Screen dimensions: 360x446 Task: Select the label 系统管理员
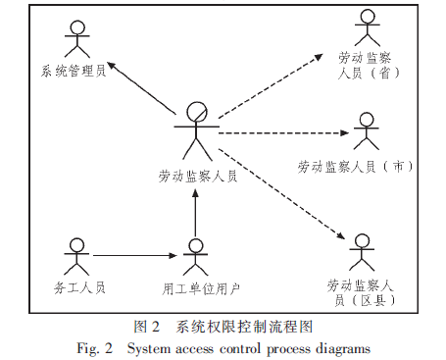point(74,71)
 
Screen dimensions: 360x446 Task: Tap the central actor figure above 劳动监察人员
point(197,129)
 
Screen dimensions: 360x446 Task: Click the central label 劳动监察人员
point(197,177)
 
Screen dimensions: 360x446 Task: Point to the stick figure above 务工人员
point(74,257)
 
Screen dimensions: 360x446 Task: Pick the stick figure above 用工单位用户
point(196,257)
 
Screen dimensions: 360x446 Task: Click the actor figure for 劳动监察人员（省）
point(368,28)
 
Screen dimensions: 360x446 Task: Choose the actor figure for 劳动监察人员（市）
point(367,131)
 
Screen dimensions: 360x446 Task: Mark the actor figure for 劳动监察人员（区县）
point(362,253)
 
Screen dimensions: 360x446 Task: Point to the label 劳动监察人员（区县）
point(362,291)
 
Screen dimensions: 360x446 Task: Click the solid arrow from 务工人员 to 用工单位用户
point(136,257)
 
